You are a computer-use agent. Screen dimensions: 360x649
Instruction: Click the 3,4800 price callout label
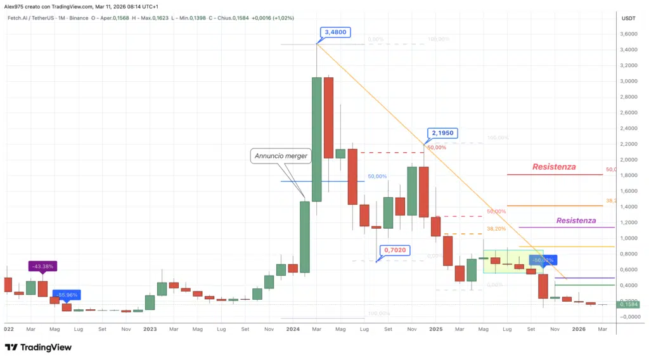pyautogui.click(x=336, y=32)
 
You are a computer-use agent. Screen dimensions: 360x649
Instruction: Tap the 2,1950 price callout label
pyautogui.click(x=442, y=133)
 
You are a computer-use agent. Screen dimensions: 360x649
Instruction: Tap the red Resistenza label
pyautogui.click(x=554, y=167)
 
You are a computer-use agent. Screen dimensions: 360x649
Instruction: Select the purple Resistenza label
pyautogui.click(x=575, y=221)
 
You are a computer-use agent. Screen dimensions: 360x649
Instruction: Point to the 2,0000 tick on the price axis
pyautogui.click(x=629, y=160)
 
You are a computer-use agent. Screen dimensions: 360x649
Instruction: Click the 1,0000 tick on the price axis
pyautogui.click(x=629, y=238)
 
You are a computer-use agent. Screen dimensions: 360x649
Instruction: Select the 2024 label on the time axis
pyautogui.click(x=293, y=329)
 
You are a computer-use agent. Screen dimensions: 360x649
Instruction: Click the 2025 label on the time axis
pyautogui.click(x=435, y=329)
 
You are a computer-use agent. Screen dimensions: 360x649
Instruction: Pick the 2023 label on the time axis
pyautogui.click(x=150, y=329)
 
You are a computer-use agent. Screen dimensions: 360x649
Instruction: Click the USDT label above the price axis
pyautogui.click(x=629, y=18)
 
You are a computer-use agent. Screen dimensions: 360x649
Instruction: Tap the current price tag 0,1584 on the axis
pyautogui.click(x=629, y=304)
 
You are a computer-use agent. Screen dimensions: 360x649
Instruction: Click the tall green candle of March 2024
pyautogui.click(x=317, y=139)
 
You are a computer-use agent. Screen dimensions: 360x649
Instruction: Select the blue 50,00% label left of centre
pyautogui.click(x=377, y=176)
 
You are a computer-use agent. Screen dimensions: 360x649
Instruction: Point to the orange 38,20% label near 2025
pyautogui.click(x=496, y=228)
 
